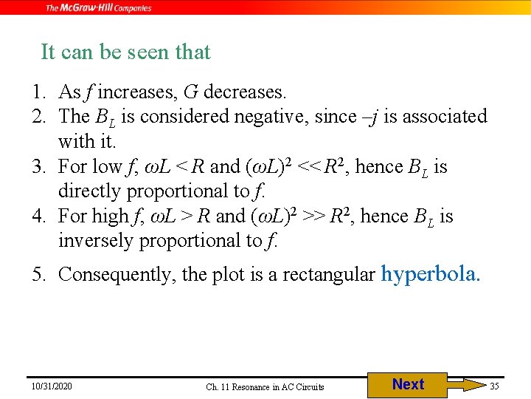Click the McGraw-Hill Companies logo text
[x=99, y=8]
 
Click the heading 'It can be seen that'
[x=125, y=52]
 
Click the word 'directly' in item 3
[x=89, y=191]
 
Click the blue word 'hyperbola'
[x=430, y=274]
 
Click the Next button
[x=408, y=384]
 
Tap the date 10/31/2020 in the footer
[x=52, y=386]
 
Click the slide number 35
[x=494, y=386]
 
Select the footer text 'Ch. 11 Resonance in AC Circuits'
[x=265, y=386]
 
